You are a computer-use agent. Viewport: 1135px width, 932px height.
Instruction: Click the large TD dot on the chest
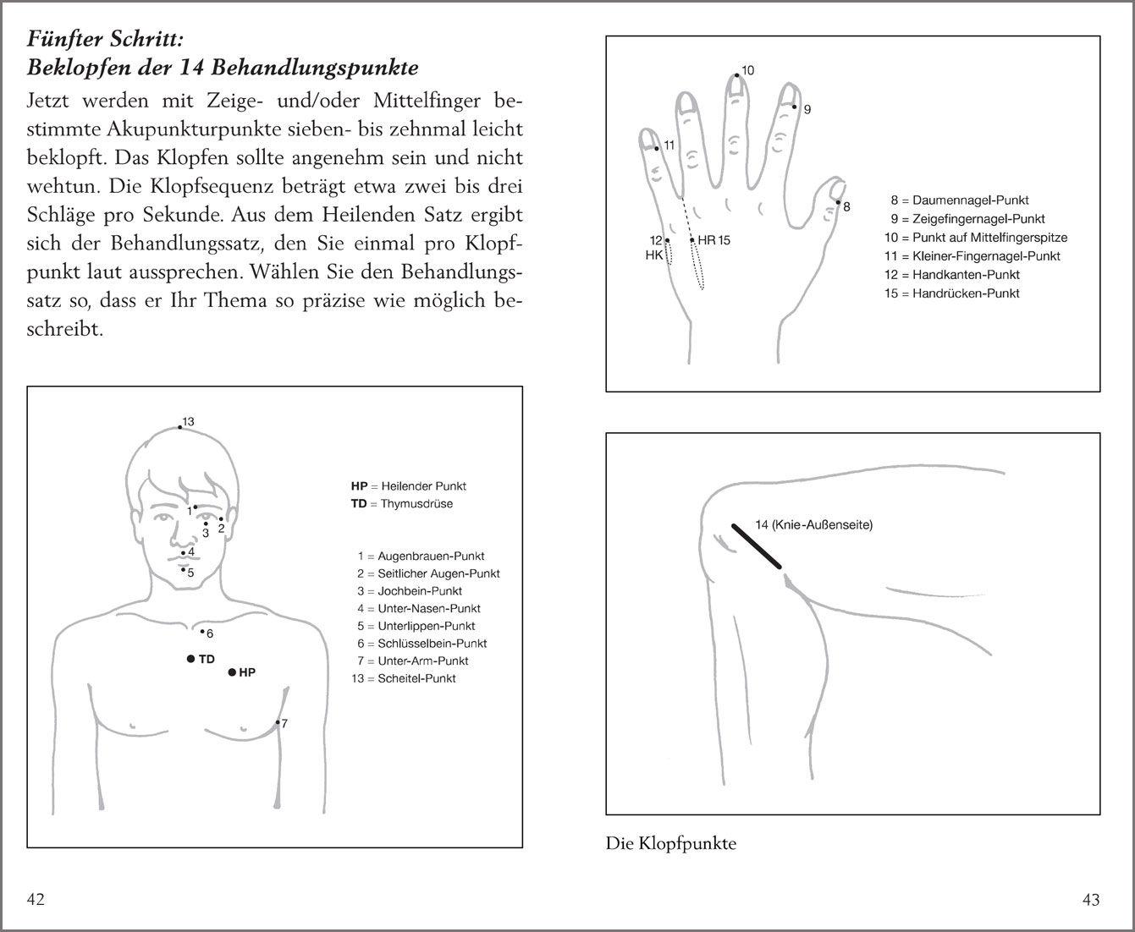[x=191, y=659]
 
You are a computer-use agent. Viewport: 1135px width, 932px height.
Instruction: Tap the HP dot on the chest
[x=232, y=672]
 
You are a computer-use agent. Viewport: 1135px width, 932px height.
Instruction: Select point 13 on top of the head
[x=179, y=428]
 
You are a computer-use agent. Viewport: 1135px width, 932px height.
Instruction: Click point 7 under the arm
[x=278, y=722]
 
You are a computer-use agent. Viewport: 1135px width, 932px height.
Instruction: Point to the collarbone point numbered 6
[x=201, y=631]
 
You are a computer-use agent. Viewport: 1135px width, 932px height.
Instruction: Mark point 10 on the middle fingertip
[x=737, y=75]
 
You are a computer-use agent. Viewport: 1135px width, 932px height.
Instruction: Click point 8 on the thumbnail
[x=837, y=202]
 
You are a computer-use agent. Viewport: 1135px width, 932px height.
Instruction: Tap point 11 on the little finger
[x=656, y=148]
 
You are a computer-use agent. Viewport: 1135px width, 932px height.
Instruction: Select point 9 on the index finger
[x=794, y=107]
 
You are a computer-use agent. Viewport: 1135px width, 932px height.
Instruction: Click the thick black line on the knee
[x=757, y=546]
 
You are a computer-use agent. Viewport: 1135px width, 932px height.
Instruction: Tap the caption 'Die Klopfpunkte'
[x=670, y=843]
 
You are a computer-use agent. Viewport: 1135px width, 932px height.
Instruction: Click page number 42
[x=36, y=899]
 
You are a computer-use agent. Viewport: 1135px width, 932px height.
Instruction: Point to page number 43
[x=1091, y=900]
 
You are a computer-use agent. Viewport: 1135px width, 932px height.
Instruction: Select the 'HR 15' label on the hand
[x=714, y=240]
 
